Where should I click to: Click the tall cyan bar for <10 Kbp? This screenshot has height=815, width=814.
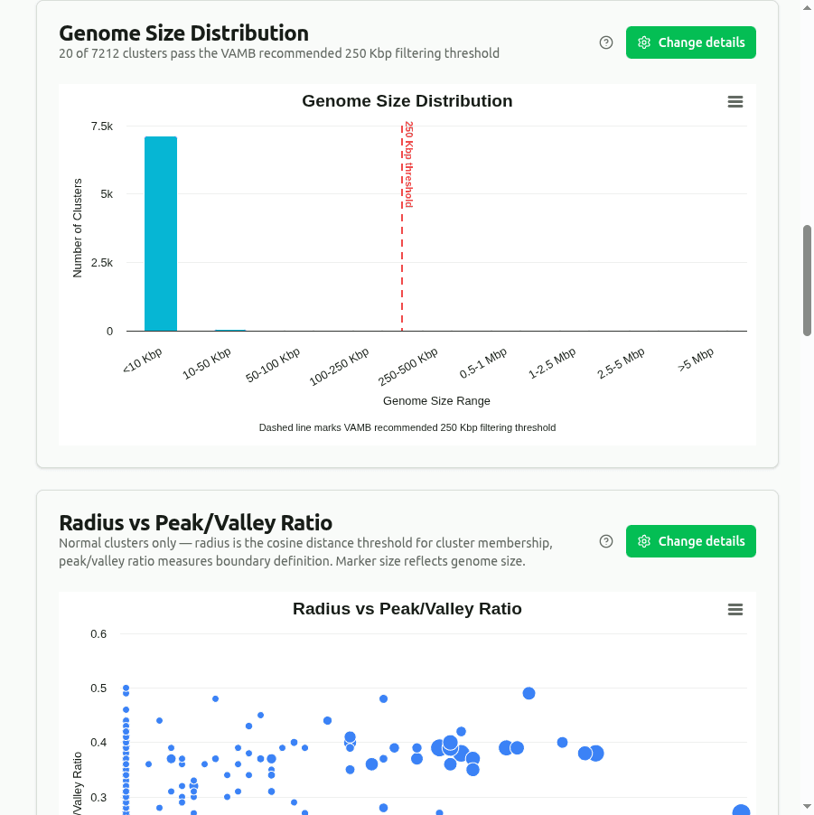click(x=161, y=234)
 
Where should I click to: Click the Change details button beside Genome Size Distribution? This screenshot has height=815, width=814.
click(x=691, y=42)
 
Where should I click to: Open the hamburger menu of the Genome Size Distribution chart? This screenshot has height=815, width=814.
click(x=735, y=102)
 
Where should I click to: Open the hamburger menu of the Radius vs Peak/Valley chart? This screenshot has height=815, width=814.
click(x=735, y=610)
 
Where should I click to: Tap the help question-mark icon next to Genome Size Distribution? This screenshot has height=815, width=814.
click(x=606, y=42)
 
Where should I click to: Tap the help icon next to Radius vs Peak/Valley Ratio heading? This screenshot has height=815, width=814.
click(x=606, y=541)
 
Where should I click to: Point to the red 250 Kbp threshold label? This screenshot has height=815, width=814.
click(x=408, y=164)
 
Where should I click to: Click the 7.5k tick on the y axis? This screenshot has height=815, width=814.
click(x=101, y=126)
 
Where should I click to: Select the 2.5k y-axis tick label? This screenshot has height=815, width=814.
click(x=101, y=263)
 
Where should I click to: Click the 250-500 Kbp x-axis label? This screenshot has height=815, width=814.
click(x=408, y=366)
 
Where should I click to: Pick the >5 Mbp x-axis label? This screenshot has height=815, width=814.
click(x=697, y=359)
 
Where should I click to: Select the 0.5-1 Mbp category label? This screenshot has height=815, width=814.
click(x=483, y=363)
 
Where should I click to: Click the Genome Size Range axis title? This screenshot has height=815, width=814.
click(x=436, y=400)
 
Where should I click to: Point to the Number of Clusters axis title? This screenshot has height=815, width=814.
click(x=78, y=228)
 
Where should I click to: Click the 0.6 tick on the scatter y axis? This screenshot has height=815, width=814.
click(x=98, y=634)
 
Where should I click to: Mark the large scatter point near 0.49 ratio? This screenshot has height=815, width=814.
click(x=529, y=693)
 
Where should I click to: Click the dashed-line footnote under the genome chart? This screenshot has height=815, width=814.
click(x=407, y=427)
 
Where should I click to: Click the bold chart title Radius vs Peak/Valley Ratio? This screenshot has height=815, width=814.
click(x=407, y=609)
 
